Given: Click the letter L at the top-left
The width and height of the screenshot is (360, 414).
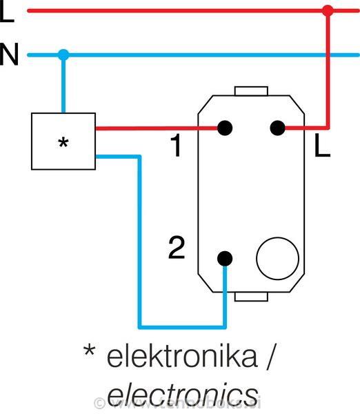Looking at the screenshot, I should coord(7,12).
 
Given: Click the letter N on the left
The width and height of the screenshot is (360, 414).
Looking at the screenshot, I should coord(10,55).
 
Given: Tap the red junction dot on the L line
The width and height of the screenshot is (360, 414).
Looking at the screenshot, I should coord(328,11).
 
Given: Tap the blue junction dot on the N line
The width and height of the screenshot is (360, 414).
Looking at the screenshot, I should coord(63,55).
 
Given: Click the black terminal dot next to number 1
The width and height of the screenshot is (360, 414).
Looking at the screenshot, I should coord(224,128).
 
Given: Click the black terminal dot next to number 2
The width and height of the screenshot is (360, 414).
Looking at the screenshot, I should coord(224,258).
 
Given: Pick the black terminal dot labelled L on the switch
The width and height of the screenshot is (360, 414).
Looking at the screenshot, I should coord(277,128).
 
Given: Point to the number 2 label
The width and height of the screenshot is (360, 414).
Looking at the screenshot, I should coord(177,248).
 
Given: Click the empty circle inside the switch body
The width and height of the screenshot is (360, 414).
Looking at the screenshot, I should coord(277,258).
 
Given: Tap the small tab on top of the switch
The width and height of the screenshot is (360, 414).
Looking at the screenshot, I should coord(250,91).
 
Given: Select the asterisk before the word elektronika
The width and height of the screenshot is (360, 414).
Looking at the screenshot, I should coord(89,351).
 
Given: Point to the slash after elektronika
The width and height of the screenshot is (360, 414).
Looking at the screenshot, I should coord(270,357).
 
